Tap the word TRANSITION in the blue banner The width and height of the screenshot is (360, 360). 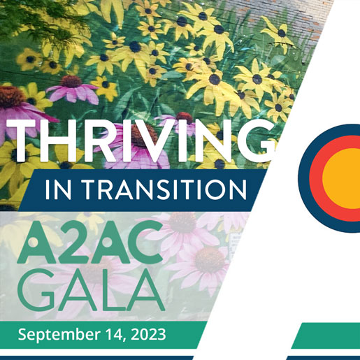164,189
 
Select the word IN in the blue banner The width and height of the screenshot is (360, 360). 58,189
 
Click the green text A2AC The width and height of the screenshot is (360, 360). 90,242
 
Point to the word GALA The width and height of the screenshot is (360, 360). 91,290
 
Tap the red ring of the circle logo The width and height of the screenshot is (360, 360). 316,178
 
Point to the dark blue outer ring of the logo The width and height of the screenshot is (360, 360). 303,178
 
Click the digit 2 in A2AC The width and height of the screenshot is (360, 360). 73,243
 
